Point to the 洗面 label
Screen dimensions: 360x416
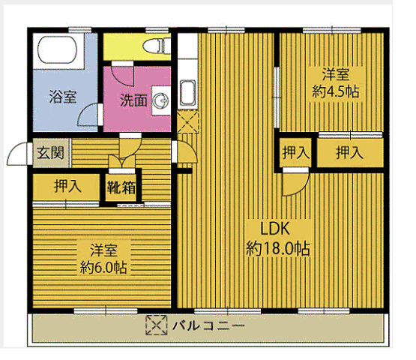click(134, 100)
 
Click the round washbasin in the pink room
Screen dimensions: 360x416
click(161, 98)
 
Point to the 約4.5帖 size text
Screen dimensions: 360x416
click(335, 91)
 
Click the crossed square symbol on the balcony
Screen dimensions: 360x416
click(154, 326)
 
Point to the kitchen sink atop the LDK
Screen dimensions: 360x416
click(187, 94)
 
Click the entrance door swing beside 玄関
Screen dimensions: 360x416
click(18, 155)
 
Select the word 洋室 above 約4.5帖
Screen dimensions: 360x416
click(335, 75)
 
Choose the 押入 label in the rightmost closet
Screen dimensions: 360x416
click(349, 153)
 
